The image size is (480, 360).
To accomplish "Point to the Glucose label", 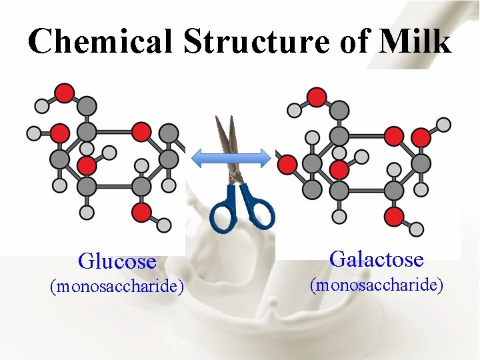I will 117,261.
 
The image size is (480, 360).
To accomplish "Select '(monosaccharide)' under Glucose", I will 117,287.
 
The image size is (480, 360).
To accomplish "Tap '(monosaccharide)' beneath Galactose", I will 377,285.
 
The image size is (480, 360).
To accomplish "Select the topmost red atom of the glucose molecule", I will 64,92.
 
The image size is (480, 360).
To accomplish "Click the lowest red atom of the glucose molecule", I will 141,212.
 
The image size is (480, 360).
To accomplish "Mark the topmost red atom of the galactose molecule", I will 316,97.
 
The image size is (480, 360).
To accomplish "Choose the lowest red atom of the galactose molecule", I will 394,215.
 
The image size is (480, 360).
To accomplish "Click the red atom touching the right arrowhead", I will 287,163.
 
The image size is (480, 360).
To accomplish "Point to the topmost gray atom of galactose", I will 339,109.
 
